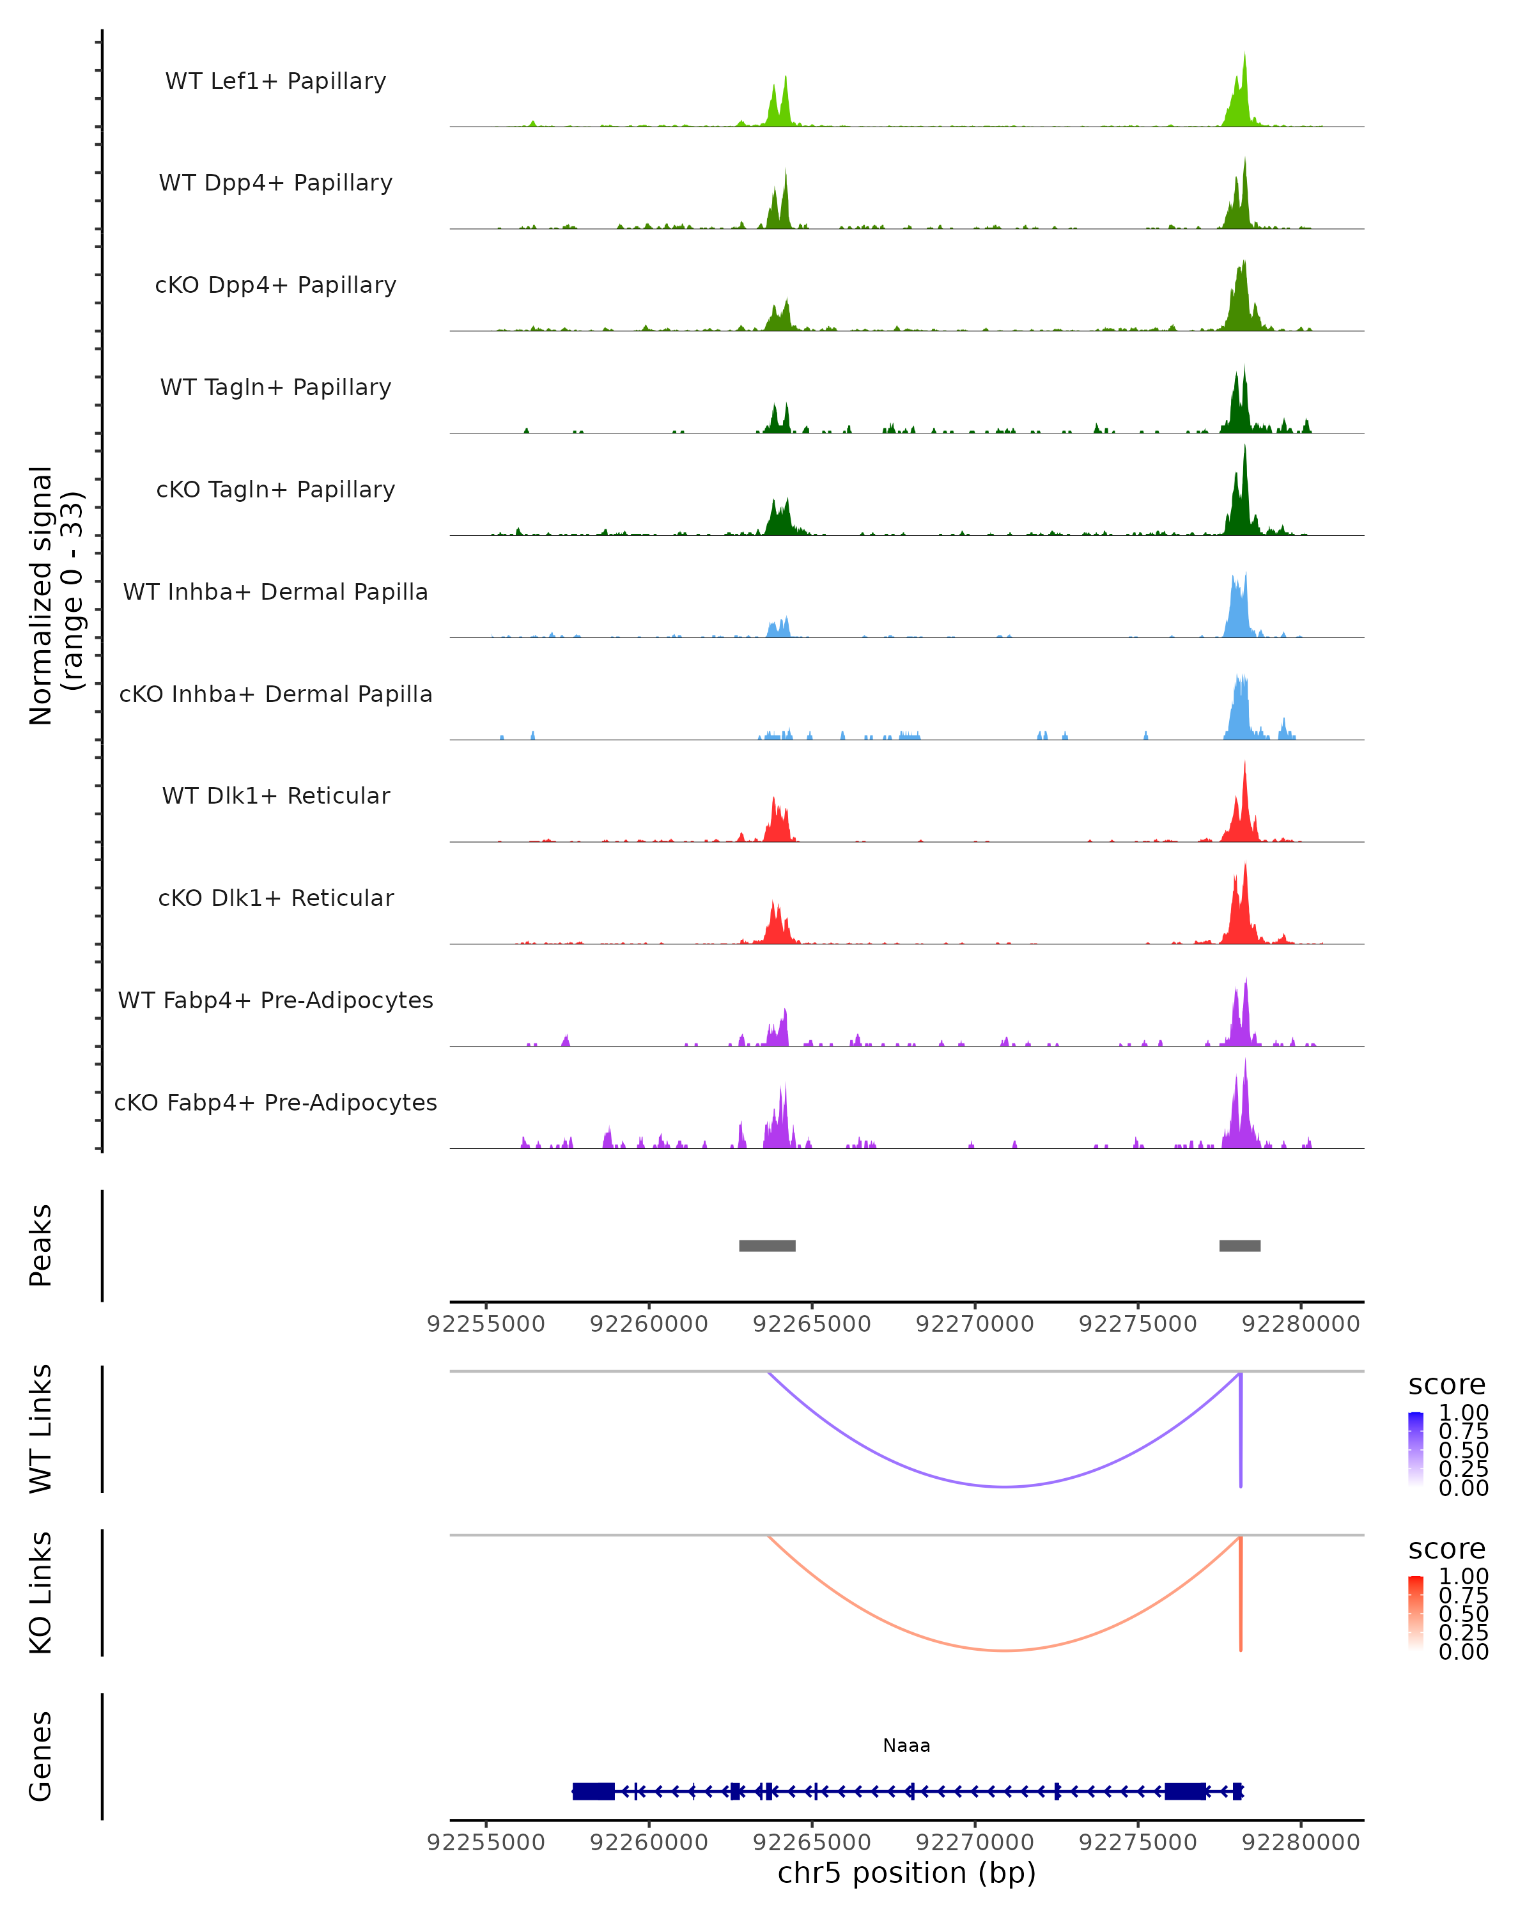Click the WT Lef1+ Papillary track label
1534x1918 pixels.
point(275,81)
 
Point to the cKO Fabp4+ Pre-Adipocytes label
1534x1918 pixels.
point(275,1102)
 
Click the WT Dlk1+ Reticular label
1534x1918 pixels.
point(275,795)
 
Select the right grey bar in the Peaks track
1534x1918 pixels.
point(1239,1245)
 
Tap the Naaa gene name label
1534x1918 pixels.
point(906,1745)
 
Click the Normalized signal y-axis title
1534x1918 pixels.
point(55,595)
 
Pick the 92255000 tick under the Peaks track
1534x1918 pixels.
point(486,1324)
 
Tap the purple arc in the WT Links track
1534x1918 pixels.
point(1004,1486)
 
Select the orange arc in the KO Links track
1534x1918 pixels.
point(1004,1650)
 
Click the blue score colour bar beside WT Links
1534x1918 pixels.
point(1416,1449)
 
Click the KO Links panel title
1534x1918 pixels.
point(41,1593)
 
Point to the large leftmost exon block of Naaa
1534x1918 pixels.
point(593,1791)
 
